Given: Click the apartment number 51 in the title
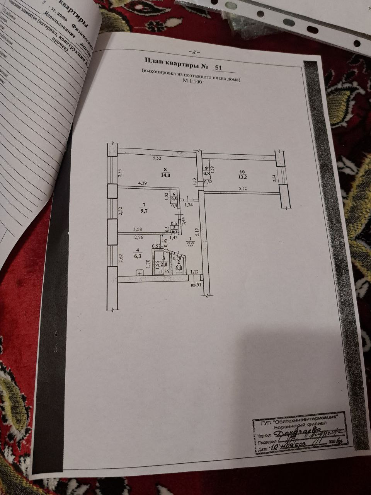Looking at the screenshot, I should point(219,67).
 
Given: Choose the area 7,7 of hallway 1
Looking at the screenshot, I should point(190,244).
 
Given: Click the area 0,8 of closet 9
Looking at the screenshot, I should point(207,174).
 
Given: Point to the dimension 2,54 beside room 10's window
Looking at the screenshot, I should point(274,178).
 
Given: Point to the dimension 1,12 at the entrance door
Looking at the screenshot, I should point(194,271).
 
